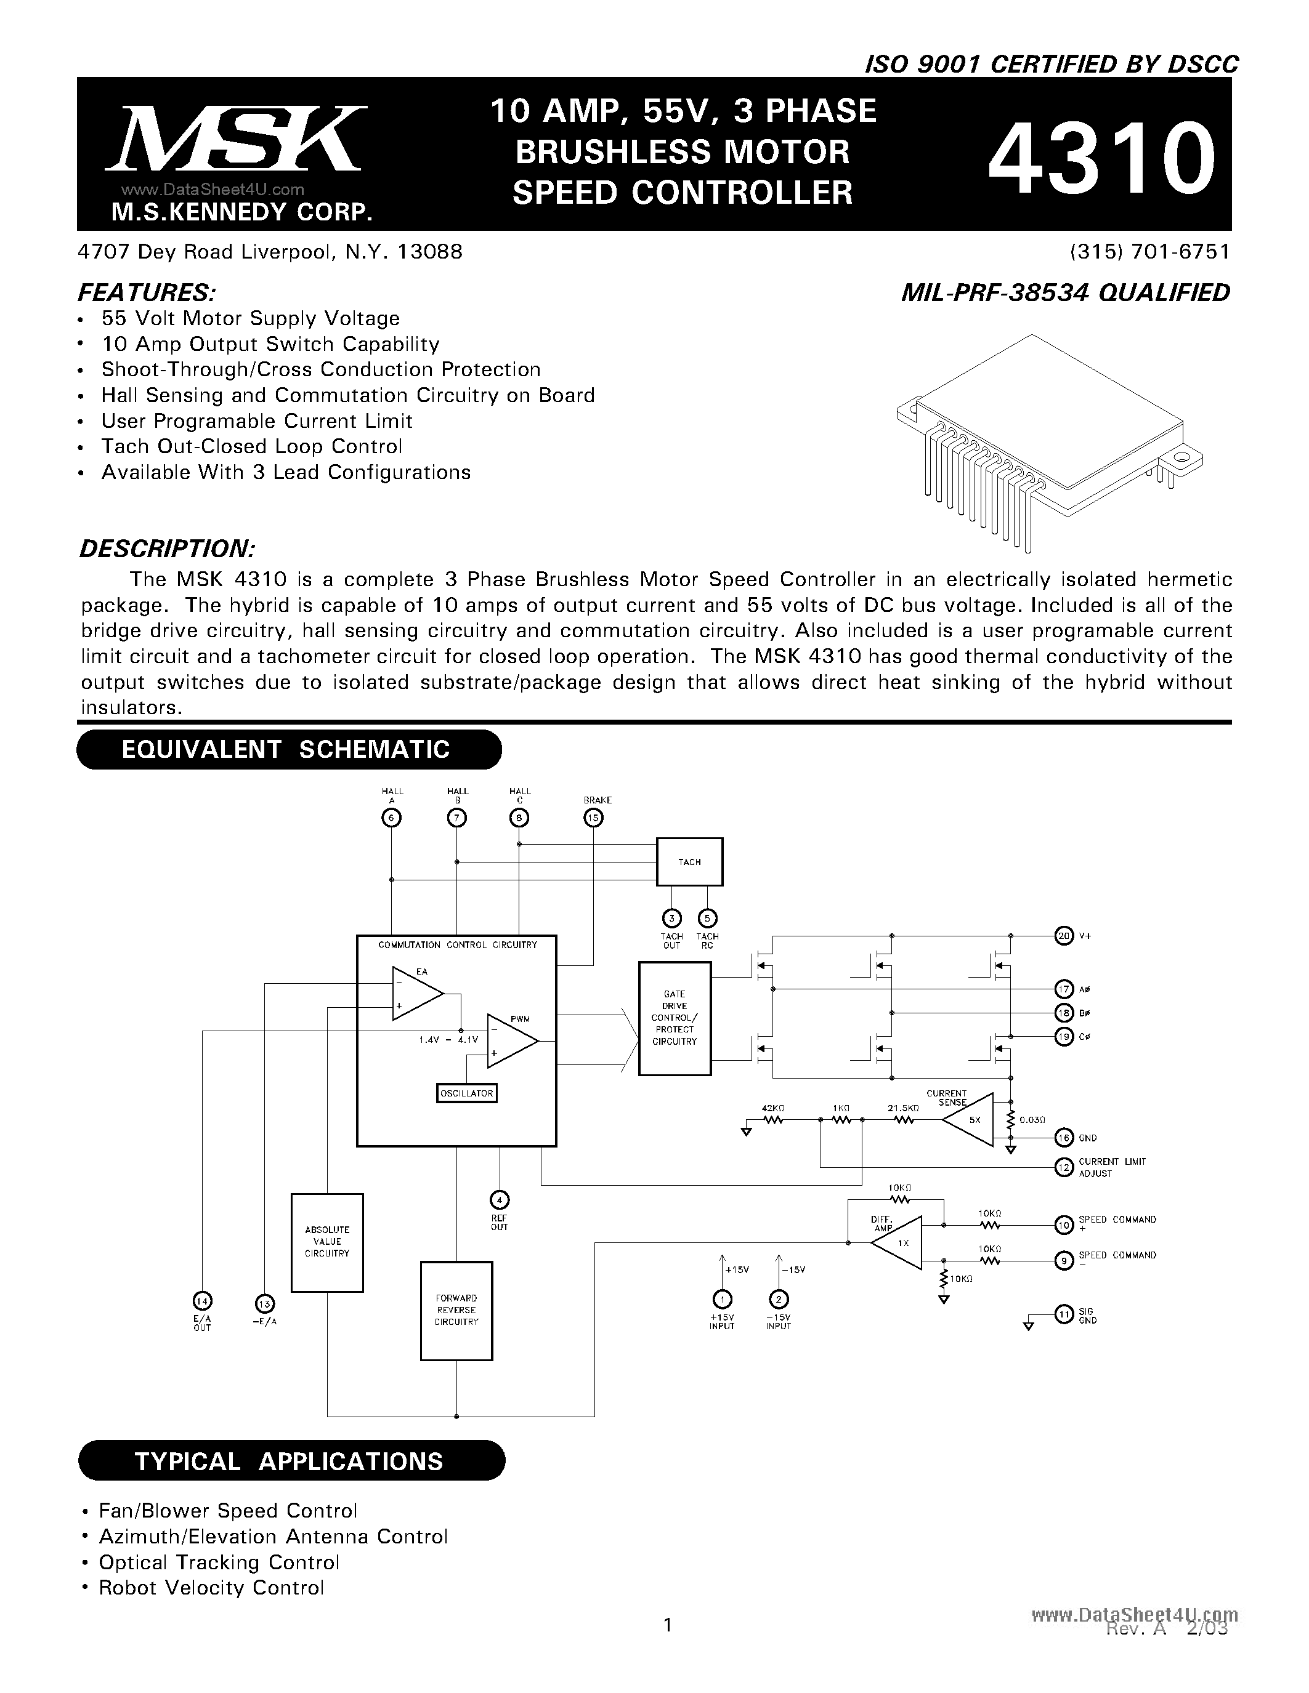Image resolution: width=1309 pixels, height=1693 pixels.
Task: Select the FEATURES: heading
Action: click(x=147, y=293)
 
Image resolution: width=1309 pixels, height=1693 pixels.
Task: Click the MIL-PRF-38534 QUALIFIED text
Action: click(x=1066, y=293)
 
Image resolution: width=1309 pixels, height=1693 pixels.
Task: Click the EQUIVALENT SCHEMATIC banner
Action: click(x=288, y=749)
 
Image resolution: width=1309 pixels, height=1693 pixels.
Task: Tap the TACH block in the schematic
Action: click(x=689, y=862)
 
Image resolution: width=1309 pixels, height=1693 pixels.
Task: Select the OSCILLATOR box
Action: click(x=467, y=1093)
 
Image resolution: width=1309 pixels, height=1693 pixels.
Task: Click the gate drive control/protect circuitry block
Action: click(x=675, y=1018)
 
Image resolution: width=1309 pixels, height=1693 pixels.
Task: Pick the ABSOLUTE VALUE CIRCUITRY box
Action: click(x=327, y=1242)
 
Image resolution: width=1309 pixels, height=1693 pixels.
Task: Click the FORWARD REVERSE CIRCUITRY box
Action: click(x=456, y=1310)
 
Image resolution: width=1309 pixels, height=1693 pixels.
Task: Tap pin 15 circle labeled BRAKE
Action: click(x=594, y=818)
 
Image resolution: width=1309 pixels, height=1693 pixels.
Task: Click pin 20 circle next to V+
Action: click(x=1064, y=936)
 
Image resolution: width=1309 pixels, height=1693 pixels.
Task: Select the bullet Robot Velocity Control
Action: click(x=210, y=1588)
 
